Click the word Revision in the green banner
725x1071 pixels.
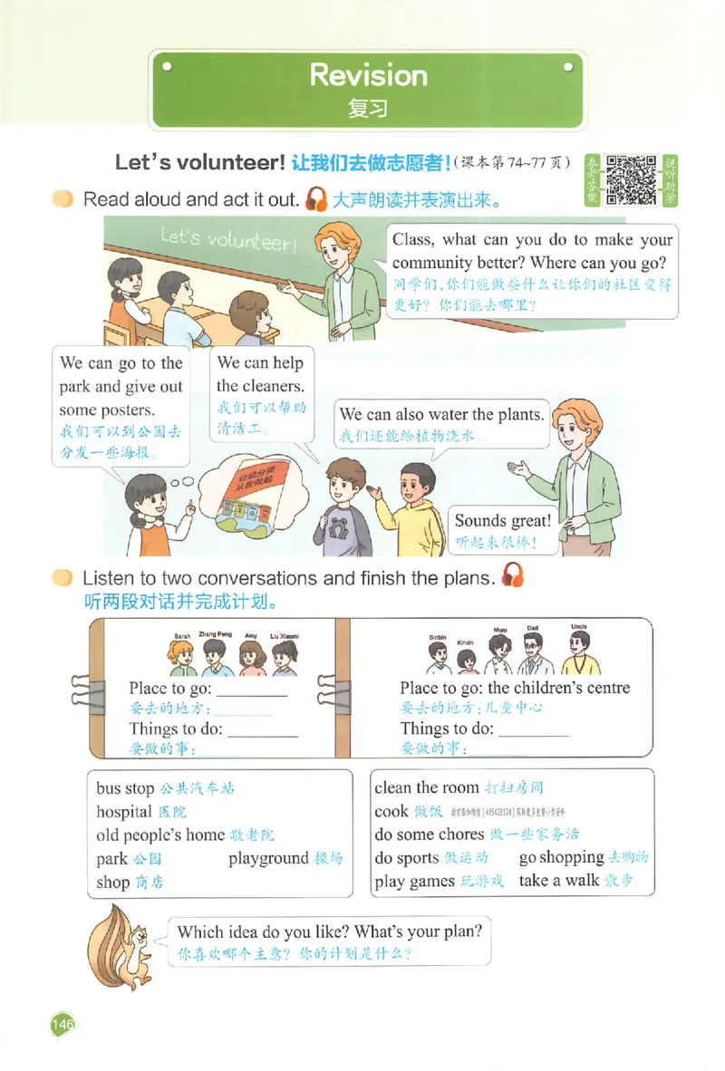(368, 74)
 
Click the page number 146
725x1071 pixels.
(62, 1024)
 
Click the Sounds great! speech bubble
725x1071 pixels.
(502, 530)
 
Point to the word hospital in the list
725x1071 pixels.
(123, 812)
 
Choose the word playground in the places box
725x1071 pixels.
(268, 858)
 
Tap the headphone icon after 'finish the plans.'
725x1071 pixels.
(512, 575)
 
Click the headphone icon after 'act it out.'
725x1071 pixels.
(316, 198)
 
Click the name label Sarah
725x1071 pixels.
(182, 637)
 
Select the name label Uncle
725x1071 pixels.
(579, 627)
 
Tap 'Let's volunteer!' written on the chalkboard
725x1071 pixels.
(227, 240)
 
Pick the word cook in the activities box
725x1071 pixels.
(391, 811)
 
